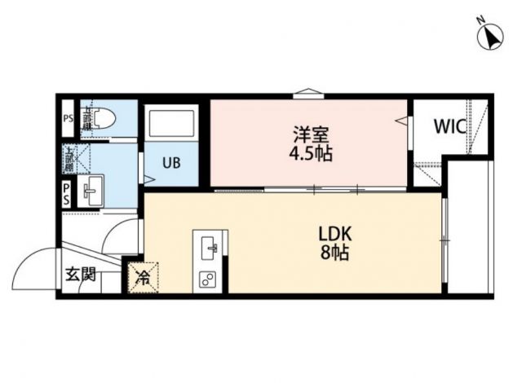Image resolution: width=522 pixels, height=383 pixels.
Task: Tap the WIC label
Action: pos(449,127)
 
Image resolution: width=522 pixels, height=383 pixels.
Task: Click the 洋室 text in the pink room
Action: pos(308,133)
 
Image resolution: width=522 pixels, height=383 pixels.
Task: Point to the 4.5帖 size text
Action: pos(308,153)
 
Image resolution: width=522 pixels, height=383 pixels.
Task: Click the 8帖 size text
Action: pos(334,253)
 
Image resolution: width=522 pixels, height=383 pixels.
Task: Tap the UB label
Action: pos(170,162)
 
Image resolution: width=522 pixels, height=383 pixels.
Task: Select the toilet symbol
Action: pos(98,120)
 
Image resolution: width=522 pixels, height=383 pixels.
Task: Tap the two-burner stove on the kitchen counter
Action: pos(207,280)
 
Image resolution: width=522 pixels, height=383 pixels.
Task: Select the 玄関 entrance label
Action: pos(81,274)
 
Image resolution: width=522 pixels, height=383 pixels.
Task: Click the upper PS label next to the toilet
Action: pos(69,119)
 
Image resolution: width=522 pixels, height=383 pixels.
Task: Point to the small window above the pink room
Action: pos(306,92)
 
